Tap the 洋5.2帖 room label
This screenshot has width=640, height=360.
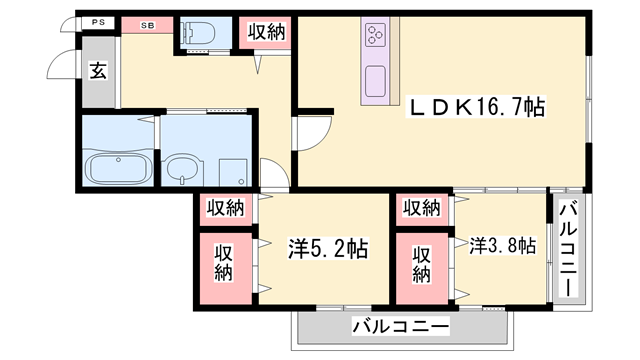(328, 248)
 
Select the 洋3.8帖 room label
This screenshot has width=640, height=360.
(502, 246)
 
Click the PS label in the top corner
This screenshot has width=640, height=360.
(97, 23)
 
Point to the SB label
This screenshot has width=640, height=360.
(148, 23)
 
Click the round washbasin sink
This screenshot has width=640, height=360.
(182, 170)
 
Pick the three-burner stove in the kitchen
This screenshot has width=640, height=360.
(376, 37)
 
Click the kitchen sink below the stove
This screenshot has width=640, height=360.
(376, 78)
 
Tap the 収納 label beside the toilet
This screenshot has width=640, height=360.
(265, 32)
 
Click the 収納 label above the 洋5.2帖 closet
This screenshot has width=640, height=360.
(226, 208)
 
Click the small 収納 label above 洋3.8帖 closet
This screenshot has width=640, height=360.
(421, 208)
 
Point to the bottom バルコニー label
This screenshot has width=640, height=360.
(400, 327)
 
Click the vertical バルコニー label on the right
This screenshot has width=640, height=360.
(567, 246)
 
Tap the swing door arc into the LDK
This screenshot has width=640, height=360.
(309, 133)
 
